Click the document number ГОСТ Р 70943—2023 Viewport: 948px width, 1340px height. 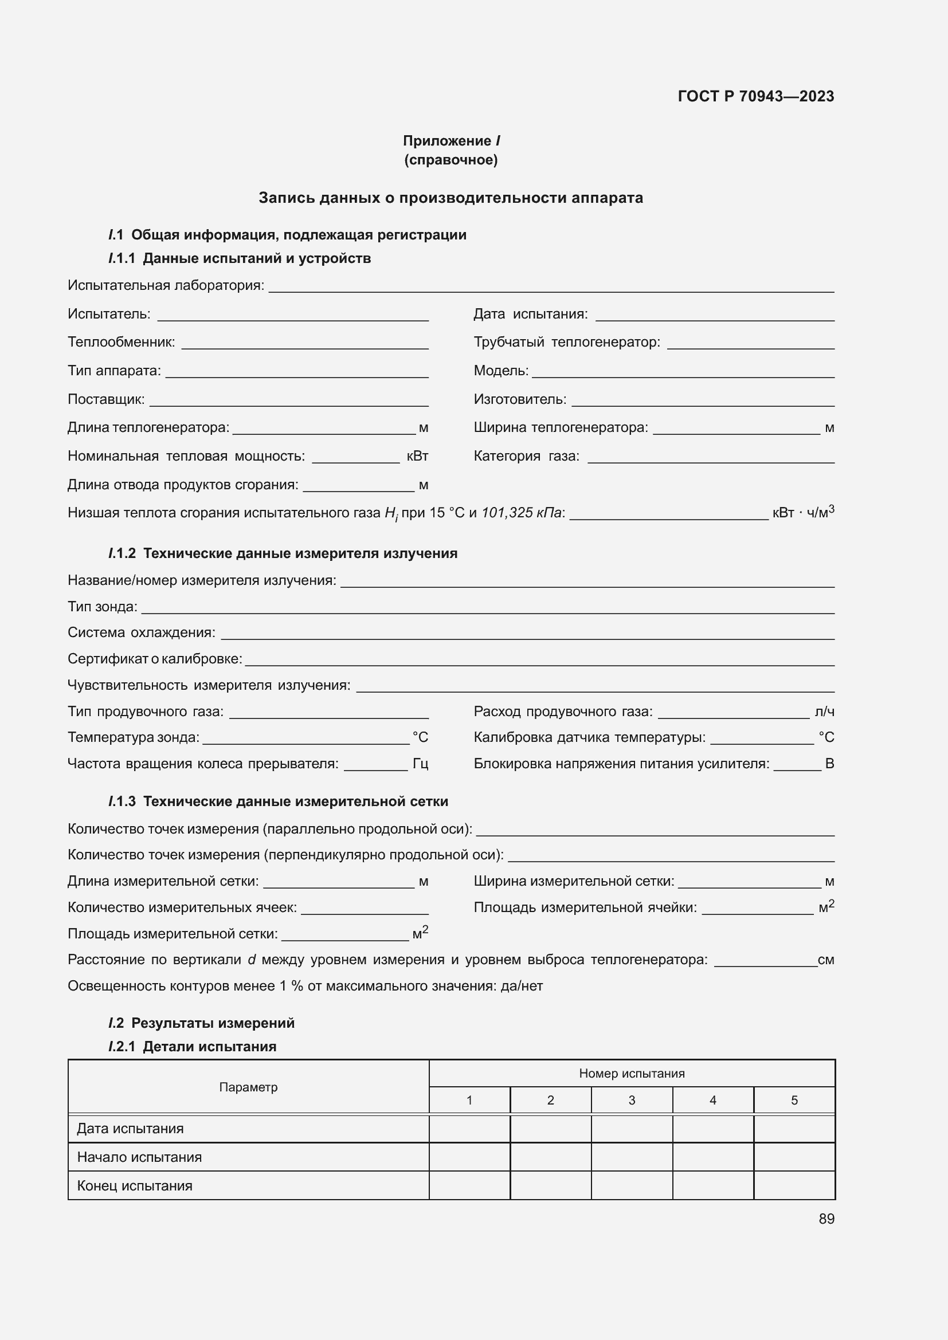click(755, 96)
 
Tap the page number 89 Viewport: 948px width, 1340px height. click(826, 1219)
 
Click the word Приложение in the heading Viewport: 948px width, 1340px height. click(446, 141)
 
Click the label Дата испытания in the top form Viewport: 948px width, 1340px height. click(530, 314)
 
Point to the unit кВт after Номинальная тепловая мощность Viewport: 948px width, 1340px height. click(417, 456)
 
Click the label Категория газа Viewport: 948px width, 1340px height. click(526, 456)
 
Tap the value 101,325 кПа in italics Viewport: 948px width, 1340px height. click(521, 512)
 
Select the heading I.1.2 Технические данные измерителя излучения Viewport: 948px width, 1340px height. click(283, 553)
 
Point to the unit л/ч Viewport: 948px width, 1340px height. click(824, 712)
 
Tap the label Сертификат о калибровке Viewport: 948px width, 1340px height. click(155, 659)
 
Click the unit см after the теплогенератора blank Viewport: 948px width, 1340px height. click(825, 960)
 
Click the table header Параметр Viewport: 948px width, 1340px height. click(248, 1087)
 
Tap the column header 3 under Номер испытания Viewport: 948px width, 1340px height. click(631, 1100)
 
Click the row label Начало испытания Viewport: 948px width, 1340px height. click(139, 1157)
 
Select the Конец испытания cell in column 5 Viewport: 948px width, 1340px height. click(793, 1185)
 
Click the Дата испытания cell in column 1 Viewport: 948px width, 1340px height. click(469, 1128)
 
